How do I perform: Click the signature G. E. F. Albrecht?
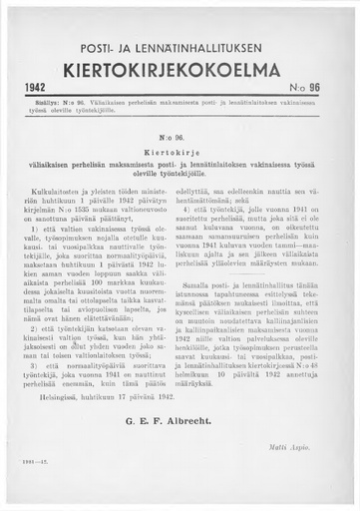click(x=180, y=406)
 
